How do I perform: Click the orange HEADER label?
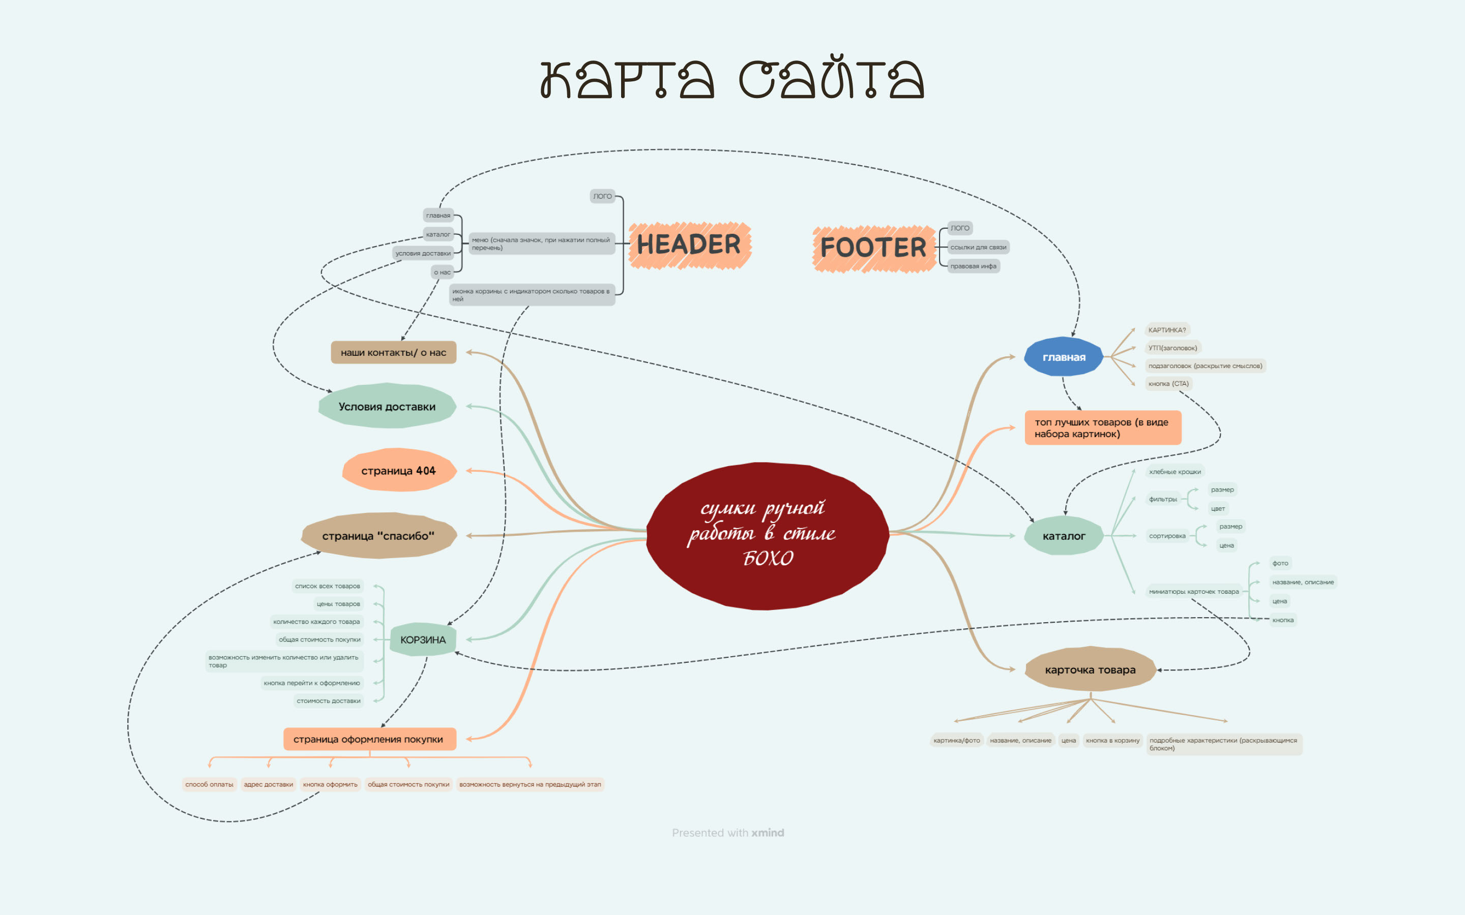tap(690, 245)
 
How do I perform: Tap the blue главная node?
tap(1064, 357)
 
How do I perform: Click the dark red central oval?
tap(768, 536)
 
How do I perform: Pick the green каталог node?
tap(1064, 536)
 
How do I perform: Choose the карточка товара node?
tap(1090, 670)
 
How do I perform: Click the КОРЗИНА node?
tap(423, 639)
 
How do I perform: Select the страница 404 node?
tap(399, 471)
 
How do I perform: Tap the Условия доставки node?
tap(387, 406)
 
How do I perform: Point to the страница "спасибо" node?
tap(378, 536)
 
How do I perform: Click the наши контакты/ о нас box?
tap(394, 352)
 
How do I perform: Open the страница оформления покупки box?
tap(369, 739)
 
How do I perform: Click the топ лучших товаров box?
tap(1102, 428)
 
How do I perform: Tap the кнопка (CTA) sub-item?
tap(1168, 384)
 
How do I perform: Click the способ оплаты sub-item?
tap(210, 784)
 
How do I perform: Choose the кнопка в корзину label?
tap(1112, 740)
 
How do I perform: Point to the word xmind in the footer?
tap(768, 833)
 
